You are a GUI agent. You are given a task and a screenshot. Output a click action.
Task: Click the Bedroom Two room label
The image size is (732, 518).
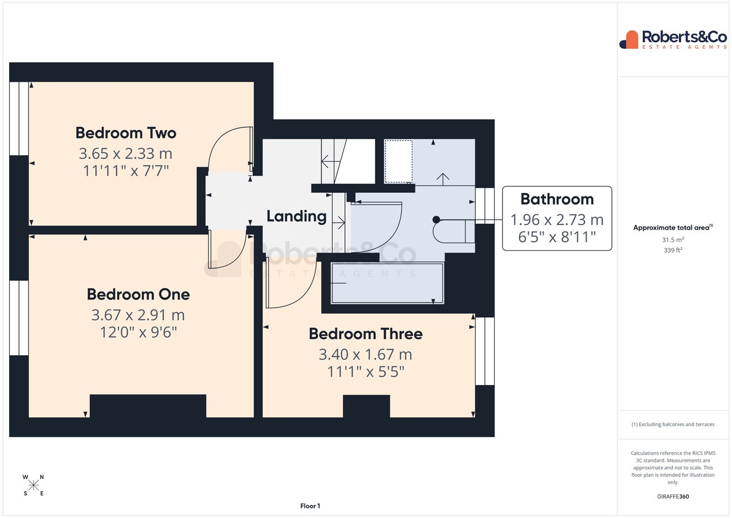tap(126, 133)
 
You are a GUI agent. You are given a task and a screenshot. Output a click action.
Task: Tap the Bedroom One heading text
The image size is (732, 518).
tap(138, 295)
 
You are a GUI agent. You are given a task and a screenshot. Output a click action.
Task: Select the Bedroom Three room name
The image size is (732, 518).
tap(365, 334)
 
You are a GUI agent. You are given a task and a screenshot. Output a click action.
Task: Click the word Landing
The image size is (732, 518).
tap(296, 216)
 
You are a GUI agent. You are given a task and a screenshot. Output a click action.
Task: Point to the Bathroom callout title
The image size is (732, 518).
tap(557, 199)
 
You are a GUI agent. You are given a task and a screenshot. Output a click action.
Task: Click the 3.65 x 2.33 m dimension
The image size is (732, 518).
tap(126, 154)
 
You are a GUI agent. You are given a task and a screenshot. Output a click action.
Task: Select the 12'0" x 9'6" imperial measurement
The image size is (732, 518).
tap(138, 333)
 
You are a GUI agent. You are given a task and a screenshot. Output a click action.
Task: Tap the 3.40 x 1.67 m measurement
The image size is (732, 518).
tap(365, 354)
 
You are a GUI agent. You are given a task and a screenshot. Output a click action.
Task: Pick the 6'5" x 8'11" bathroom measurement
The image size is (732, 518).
tap(557, 237)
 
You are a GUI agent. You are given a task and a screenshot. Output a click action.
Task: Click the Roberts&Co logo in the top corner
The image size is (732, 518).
tap(673, 40)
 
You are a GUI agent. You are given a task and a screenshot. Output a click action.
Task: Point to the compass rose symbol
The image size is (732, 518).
tap(34, 485)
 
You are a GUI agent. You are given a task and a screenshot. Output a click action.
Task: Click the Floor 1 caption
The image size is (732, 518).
tap(310, 506)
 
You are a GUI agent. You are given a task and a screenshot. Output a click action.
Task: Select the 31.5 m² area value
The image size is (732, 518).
tap(673, 240)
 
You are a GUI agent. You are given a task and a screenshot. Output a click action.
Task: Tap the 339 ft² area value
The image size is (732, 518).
tap(673, 250)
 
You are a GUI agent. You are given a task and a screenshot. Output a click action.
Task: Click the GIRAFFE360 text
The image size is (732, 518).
tap(673, 497)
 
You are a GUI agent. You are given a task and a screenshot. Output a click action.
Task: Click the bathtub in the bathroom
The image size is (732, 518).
tap(387, 283)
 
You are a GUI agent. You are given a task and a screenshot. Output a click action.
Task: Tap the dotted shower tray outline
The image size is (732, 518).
tap(398, 162)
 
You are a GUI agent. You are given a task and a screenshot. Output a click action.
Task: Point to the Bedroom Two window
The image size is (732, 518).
tap(19, 118)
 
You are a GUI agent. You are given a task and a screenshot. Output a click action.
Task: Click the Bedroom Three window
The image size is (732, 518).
tap(484, 351)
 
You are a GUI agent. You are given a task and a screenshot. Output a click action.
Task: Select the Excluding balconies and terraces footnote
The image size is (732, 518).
tap(673, 424)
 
